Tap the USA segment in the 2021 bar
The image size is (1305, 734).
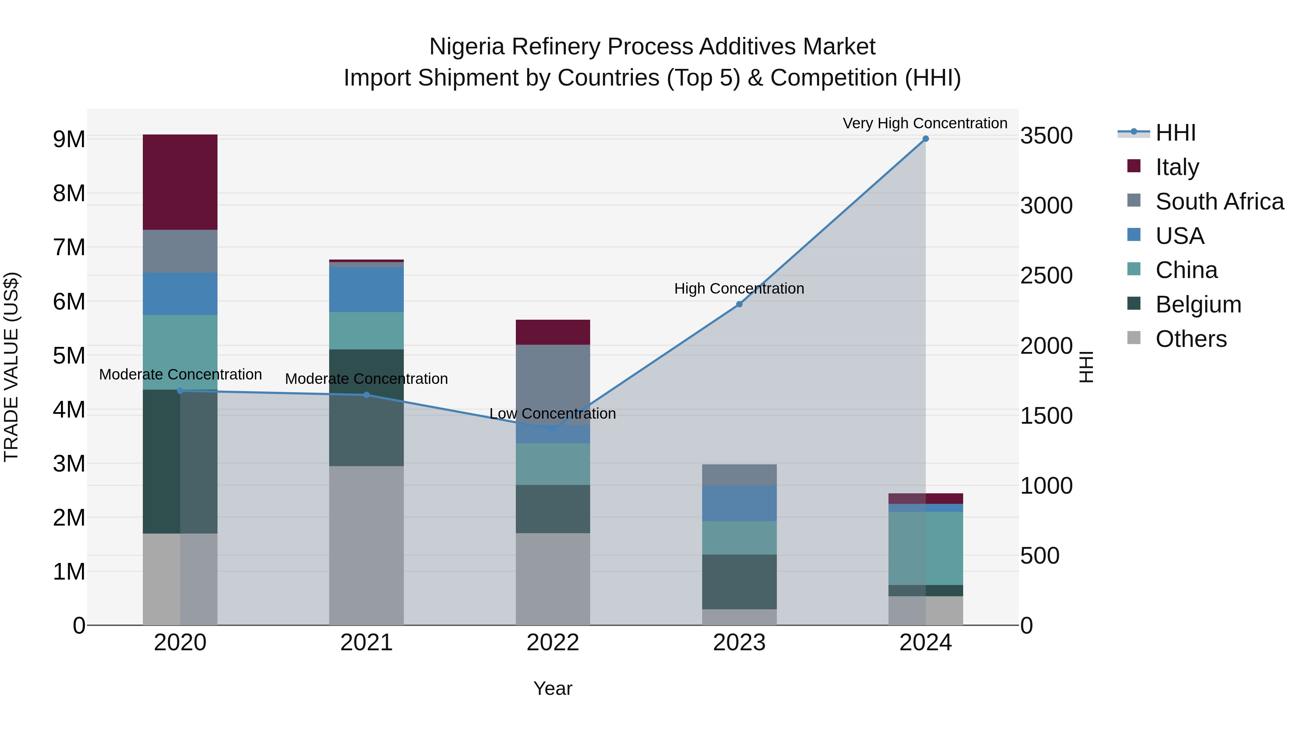[x=366, y=289]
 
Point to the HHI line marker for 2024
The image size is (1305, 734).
[x=925, y=139]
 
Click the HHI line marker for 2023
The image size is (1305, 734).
[x=739, y=304]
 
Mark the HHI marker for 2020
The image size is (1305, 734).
[x=181, y=390]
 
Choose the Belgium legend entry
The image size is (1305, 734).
[x=1198, y=304]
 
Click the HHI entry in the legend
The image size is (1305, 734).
[x=1175, y=133]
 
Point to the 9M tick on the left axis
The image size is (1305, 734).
[x=69, y=139]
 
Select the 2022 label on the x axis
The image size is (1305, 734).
[x=553, y=643]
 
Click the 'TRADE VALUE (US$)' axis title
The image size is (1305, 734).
[x=11, y=367]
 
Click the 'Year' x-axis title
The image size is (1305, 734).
[x=553, y=688]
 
